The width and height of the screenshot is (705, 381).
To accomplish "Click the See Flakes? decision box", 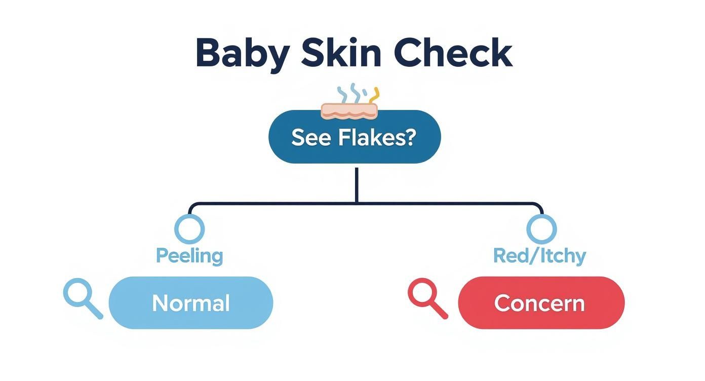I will (x=355, y=137).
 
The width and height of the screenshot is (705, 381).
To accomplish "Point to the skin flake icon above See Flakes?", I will (x=349, y=111).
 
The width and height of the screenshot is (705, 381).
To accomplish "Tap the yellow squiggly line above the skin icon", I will (x=375, y=95).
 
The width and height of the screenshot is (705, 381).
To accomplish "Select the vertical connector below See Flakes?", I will (x=357, y=185).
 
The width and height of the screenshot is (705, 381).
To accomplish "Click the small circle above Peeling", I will (x=189, y=228).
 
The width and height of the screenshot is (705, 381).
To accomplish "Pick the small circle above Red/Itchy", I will (x=541, y=228).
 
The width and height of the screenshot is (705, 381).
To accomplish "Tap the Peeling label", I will (x=189, y=256).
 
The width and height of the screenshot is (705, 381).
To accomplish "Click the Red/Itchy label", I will (x=539, y=256).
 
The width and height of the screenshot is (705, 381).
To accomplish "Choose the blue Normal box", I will (x=191, y=303).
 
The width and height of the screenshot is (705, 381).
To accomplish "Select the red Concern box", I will (x=541, y=303).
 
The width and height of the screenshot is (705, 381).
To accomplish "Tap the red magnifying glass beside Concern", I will (x=426, y=298).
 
